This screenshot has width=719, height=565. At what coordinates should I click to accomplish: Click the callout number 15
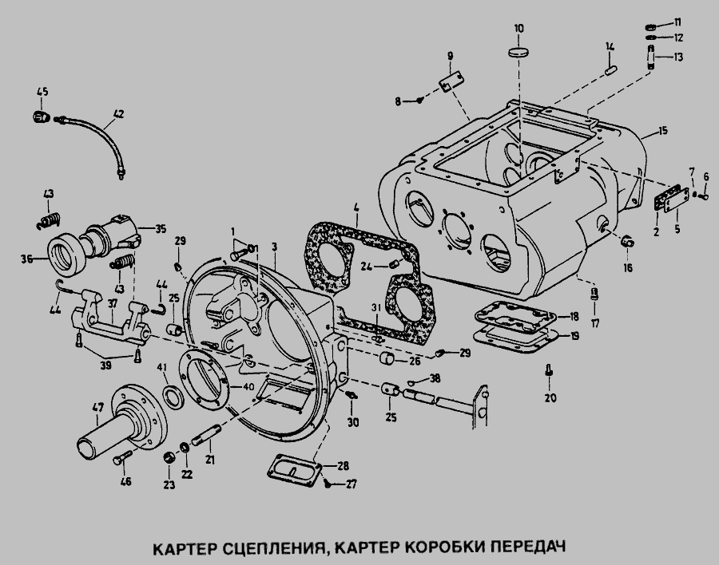(662, 131)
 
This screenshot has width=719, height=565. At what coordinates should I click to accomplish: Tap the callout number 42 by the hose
(118, 113)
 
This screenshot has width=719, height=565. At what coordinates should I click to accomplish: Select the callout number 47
(98, 407)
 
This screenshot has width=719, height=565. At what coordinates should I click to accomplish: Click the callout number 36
(26, 259)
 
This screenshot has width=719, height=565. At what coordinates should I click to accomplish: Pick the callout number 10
(518, 29)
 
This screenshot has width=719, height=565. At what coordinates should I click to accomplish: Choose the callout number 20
(550, 397)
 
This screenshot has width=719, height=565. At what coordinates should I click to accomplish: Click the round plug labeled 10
(518, 51)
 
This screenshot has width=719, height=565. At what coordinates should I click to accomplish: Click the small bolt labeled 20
(548, 371)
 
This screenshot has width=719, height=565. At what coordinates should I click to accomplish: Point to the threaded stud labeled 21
(206, 435)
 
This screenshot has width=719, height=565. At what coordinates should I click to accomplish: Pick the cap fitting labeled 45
(42, 117)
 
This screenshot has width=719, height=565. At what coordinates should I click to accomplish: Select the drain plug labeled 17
(594, 294)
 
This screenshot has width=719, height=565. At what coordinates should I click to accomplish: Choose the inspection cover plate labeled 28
(294, 471)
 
